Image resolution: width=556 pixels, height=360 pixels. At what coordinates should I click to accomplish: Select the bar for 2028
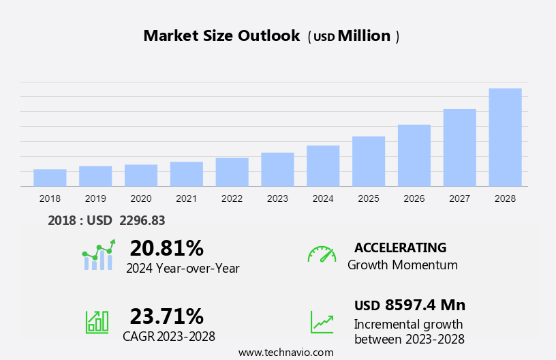pos(505,137)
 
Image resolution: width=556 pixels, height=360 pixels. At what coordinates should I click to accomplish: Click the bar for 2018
pos(50,177)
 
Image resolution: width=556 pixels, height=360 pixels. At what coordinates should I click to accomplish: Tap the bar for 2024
pos(323,166)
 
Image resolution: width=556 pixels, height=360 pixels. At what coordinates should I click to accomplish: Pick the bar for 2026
pos(414,155)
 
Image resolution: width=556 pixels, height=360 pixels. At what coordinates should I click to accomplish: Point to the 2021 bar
pos(186,174)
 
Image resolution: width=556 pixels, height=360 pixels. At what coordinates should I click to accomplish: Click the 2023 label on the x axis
pos(277,198)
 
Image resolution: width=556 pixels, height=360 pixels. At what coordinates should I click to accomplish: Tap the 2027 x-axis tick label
pos(459,198)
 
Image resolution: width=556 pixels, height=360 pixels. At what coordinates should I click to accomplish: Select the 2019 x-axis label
pos(95,198)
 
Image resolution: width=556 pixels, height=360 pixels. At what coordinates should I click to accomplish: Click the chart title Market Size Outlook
pos(221,36)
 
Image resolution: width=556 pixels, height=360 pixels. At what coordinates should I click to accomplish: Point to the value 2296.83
pos(142,220)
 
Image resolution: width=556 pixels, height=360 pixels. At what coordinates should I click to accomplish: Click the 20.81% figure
pos(166,247)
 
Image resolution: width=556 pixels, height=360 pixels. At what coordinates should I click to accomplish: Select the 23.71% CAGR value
pos(166,316)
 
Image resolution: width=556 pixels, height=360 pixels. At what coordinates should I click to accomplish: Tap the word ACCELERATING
pos(401,247)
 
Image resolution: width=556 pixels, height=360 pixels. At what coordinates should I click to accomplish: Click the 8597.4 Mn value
pos(424,305)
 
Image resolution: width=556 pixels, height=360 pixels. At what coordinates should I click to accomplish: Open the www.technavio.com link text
pos(286,352)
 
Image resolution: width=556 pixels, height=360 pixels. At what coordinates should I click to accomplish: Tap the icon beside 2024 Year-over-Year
pos(99,255)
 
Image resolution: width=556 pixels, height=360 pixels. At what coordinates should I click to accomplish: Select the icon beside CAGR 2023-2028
pos(97,321)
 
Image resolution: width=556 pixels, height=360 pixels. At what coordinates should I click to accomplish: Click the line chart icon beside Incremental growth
pos(322,321)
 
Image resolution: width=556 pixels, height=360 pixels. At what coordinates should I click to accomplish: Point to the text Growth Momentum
pos(403,265)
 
